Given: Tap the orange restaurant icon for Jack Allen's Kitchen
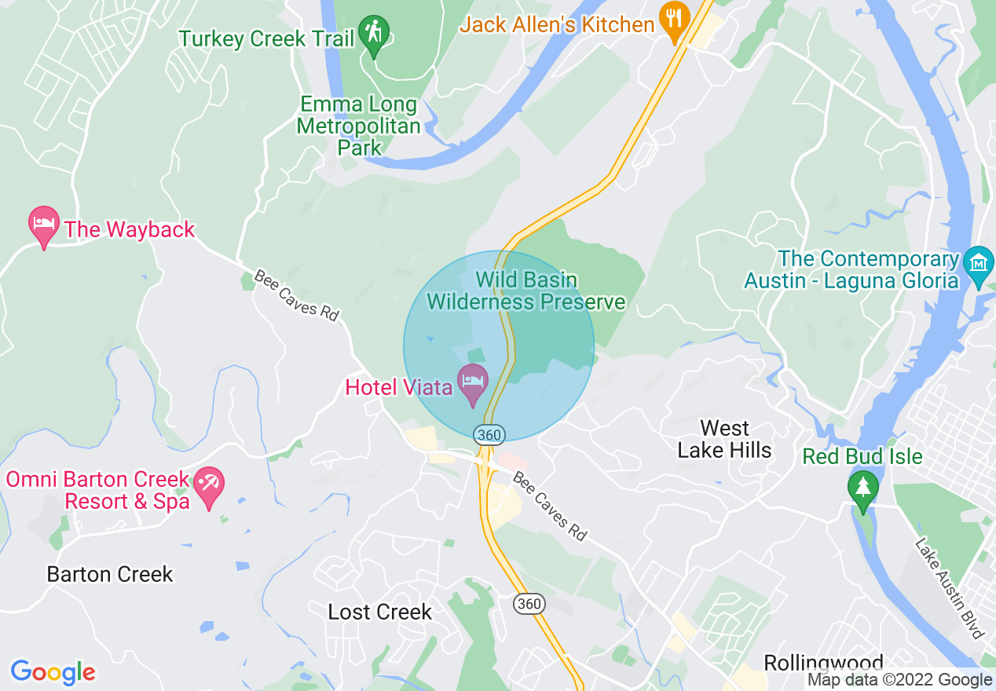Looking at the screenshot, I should pos(673,21).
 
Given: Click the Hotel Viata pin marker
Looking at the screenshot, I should pos(473,382).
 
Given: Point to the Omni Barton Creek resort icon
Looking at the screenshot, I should pos(209,484).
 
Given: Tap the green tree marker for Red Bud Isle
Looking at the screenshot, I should pos(863,487).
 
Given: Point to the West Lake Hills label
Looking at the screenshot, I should pos(724,439).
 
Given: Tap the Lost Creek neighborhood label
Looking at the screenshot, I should pos(380,612).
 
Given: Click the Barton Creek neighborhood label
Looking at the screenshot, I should pos(110,574).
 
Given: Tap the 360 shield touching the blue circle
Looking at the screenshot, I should pos(489,433).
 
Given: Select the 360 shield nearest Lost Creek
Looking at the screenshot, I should pos(529,603).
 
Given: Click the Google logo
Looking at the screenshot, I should pos(53,672).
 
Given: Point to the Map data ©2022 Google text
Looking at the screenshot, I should pos(900,680).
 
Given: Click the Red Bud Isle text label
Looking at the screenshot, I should pos(862,456).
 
